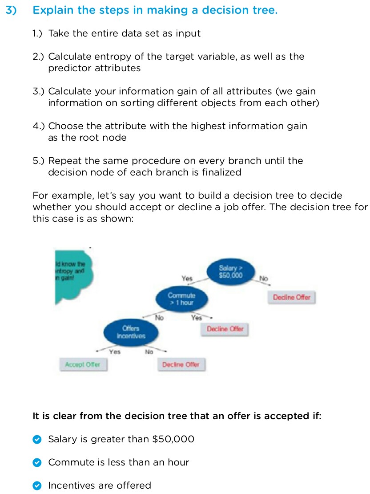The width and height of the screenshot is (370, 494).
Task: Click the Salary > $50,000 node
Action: pos(231,271)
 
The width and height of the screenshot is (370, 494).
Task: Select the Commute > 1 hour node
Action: pos(181,299)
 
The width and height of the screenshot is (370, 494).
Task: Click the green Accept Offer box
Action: pos(83,364)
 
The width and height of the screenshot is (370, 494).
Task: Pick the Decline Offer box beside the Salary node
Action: pos(291,297)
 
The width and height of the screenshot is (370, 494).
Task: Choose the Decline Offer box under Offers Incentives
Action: pos(181,364)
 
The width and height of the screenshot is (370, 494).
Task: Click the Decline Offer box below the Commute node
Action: pos(225,329)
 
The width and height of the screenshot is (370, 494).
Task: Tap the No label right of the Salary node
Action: pos(264,278)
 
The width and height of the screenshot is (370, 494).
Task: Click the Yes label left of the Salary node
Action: pos(187,278)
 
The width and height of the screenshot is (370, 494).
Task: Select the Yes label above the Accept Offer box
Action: pos(115,351)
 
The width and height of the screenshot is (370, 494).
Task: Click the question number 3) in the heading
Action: pos(11,10)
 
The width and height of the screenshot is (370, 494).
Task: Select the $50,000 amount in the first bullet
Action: pos(173,439)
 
